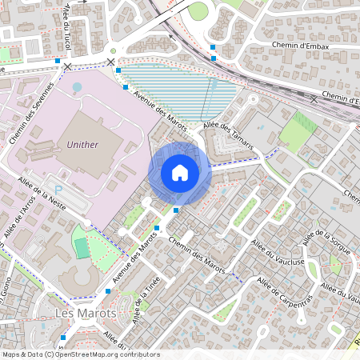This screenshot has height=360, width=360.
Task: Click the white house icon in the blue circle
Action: click(180, 173)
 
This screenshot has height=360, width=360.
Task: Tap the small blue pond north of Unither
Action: click(77, 86)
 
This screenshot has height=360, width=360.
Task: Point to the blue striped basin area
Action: click(180, 88)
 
